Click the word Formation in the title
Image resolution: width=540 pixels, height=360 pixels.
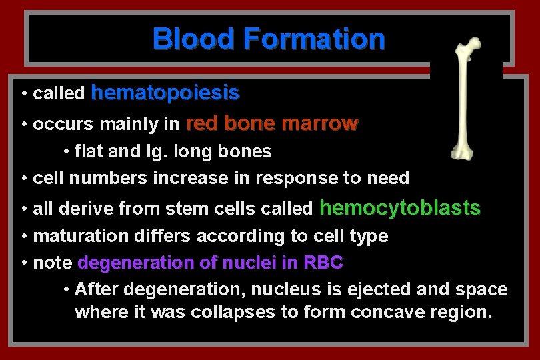coord(314,39)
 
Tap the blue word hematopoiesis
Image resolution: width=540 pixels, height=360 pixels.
coord(165,93)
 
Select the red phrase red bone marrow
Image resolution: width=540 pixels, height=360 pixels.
coord(272,123)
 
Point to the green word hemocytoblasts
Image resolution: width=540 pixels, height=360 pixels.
coord(400,208)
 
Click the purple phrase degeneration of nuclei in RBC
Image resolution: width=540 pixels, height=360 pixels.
coord(210,263)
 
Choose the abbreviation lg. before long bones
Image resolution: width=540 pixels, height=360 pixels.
coord(159,152)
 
